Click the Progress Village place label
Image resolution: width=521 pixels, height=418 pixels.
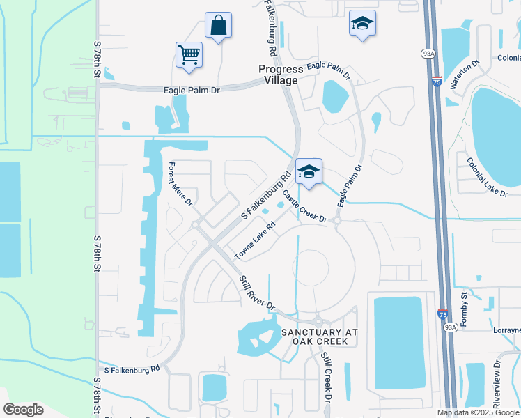pyautogui.click(x=281, y=75)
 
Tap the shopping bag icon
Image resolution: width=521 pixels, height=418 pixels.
pyautogui.click(x=219, y=26)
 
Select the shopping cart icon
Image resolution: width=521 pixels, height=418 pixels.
pyautogui.click(x=189, y=54)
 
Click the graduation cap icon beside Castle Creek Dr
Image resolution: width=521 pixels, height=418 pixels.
pyautogui.click(x=309, y=171)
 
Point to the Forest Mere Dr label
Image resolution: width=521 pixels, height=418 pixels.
pyautogui.click(x=180, y=184)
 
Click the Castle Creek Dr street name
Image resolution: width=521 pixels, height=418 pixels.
pyautogui.click(x=305, y=206)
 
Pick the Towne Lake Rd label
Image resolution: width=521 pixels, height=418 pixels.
pyautogui.click(x=256, y=240)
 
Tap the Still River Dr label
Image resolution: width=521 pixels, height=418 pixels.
pyautogui.click(x=257, y=292)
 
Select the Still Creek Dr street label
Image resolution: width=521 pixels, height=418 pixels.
pyautogui.click(x=325, y=377)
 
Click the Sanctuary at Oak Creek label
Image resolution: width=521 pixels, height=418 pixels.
pyautogui.click(x=319, y=336)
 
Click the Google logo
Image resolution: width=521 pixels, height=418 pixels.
pyautogui.click(x=23, y=410)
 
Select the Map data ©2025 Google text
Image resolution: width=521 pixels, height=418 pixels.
pyautogui.click(x=479, y=412)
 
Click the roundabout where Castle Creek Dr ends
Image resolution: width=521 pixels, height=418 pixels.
pyautogui.click(x=337, y=221)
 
